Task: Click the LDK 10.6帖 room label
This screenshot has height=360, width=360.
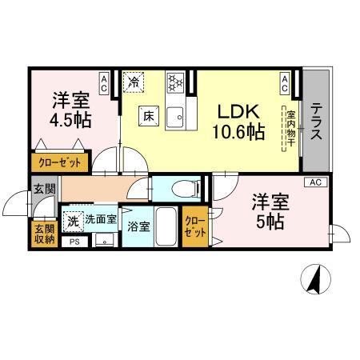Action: point(238,122)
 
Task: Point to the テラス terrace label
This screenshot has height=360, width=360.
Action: point(318,121)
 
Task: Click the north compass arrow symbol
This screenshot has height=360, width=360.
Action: point(314,280)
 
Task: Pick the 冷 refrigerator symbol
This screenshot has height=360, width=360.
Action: point(135,82)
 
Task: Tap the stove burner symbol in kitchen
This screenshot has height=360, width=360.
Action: point(175,82)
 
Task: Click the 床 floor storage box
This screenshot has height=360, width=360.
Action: point(149,115)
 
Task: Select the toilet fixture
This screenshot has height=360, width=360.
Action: point(182,190)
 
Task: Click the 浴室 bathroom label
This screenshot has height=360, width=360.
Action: point(138,226)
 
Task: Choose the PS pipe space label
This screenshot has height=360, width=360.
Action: point(74,241)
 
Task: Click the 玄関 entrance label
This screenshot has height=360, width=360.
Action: point(44,190)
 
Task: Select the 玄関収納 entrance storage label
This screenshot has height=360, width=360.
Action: point(45,234)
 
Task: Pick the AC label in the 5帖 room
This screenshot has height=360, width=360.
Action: point(316,182)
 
